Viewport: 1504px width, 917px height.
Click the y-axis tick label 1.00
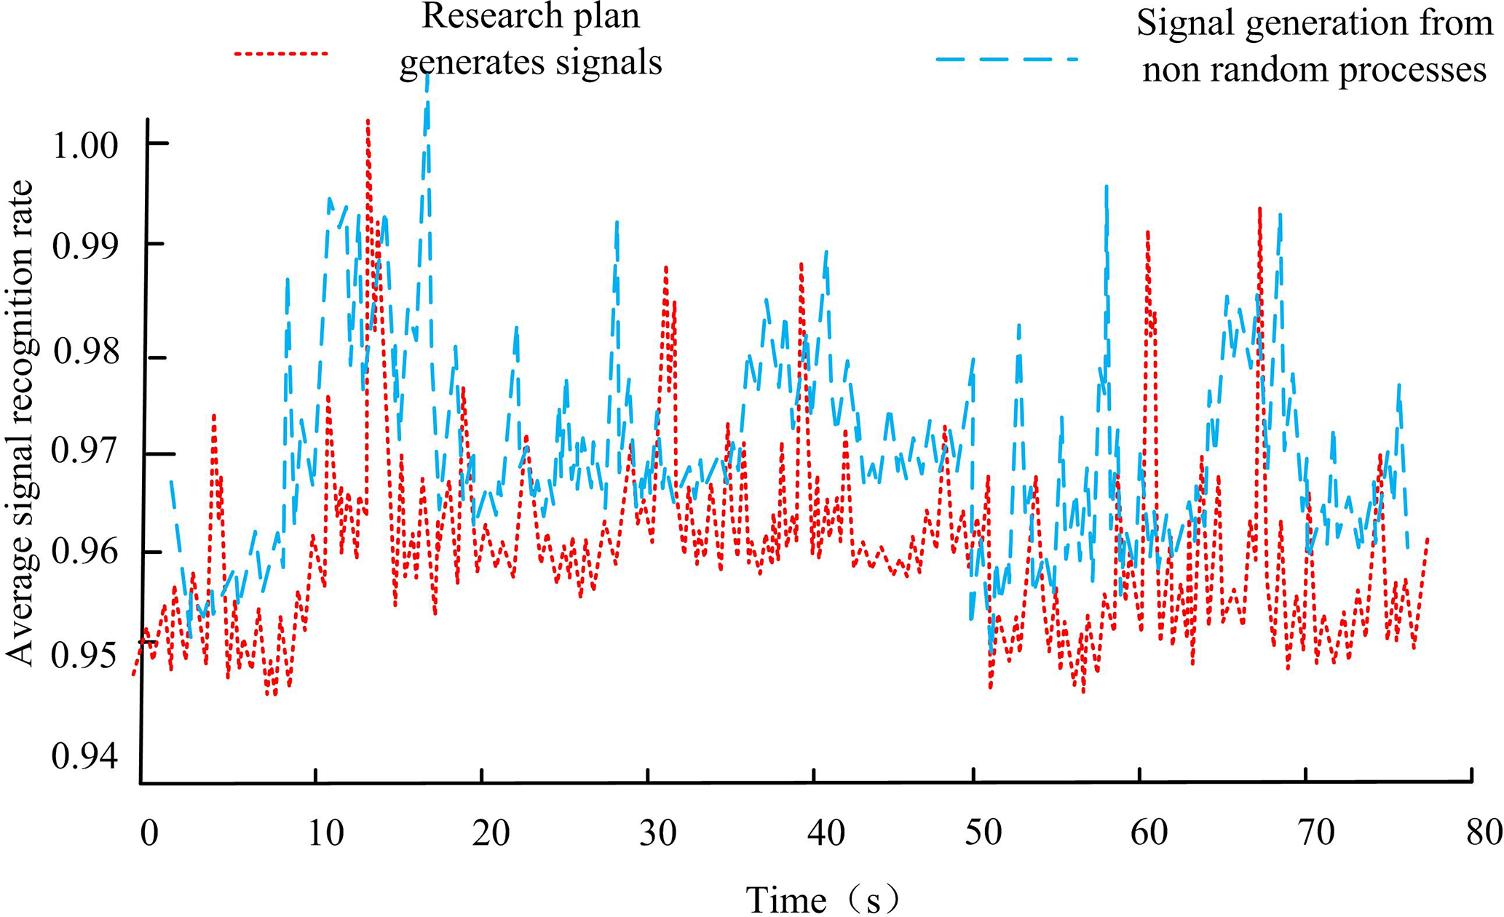(85, 146)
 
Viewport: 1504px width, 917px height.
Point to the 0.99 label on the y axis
(85, 247)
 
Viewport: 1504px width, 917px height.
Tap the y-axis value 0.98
(85, 352)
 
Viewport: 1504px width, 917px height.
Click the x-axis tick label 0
(149, 833)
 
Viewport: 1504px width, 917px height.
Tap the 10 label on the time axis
(325, 833)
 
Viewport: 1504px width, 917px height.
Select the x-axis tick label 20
(491, 833)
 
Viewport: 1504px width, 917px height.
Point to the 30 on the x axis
(658, 833)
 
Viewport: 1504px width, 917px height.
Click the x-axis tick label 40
(826, 833)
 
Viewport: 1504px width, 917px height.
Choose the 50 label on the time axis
(983, 833)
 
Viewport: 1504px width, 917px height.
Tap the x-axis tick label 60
(1149, 833)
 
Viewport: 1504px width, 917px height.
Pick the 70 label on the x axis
(1316, 833)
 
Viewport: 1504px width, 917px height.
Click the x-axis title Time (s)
(823, 900)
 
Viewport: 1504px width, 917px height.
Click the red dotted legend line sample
(281, 53)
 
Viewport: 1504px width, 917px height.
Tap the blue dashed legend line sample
(1006, 58)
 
